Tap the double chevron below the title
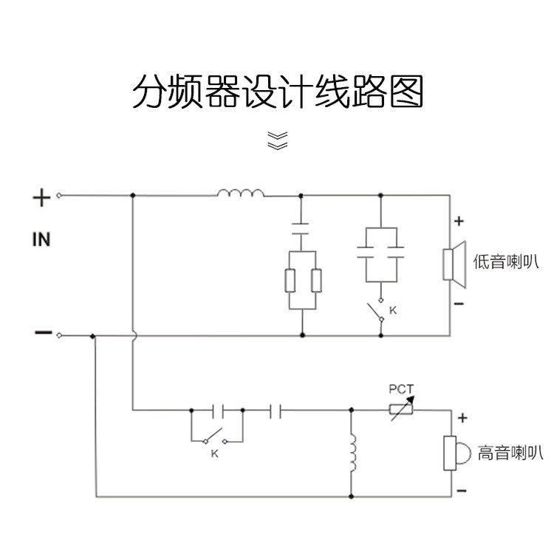point(277,140)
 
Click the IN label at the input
point(41,239)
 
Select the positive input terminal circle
point(59,196)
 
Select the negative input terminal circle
point(59,335)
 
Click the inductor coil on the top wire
point(241,194)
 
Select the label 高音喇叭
point(510,453)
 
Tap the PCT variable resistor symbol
point(402,409)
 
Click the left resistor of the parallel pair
point(290,281)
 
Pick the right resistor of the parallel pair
point(316,281)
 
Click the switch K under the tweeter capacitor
point(214,436)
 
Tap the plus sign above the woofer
point(459,220)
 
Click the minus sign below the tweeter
point(462,490)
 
